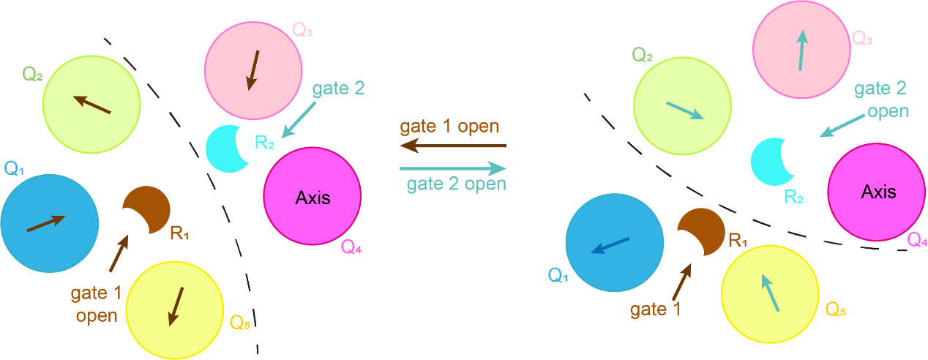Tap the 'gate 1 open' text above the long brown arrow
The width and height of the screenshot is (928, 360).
pyautogui.click(x=449, y=126)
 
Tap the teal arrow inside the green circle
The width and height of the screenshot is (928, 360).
pyautogui.click(x=684, y=110)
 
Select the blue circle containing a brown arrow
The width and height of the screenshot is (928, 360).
pyautogui.click(x=49, y=223)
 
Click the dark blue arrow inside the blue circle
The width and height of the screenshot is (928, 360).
pyautogui.click(x=610, y=245)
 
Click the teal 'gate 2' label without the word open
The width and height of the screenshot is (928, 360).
pyautogui.click(x=338, y=89)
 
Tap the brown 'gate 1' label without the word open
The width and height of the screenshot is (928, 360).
pyautogui.click(x=656, y=310)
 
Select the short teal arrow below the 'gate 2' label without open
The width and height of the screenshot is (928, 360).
pyautogui.click(x=299, y=119)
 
